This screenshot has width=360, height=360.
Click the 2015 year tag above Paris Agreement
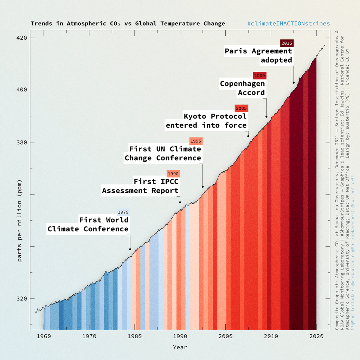click(287, 43)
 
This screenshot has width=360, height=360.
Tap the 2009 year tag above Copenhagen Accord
click(259, 76)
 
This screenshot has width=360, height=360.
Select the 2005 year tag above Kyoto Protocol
click(241, 108)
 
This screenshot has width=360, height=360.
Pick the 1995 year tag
click(195, 141)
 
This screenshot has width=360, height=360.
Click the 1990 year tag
click(173, 174)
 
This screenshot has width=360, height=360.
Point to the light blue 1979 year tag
click(123, 212)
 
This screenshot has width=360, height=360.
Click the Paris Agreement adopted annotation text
click(259, 56)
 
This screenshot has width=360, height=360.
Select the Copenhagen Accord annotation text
click(243, 88)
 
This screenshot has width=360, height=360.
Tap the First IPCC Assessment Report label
click(141, 186)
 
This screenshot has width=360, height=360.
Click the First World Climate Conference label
click(89, 224)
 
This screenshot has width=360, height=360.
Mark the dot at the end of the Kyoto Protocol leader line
click(248, 136)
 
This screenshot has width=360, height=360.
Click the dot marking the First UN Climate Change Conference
click(202, 187)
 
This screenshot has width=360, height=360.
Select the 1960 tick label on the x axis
click(44, 336)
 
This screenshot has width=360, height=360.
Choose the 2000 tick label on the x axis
click(225, 336)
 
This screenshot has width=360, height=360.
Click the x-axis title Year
click(180, 347)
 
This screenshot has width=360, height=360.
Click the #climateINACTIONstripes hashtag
click(289, 24)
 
